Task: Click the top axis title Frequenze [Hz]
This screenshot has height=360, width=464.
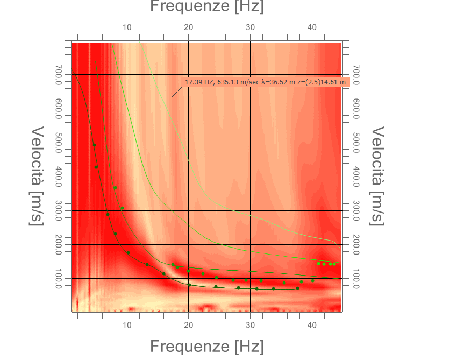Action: click(206, 6)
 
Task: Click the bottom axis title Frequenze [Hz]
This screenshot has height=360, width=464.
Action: click(206, 347)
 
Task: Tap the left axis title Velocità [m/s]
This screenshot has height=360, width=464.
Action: click(37, 176)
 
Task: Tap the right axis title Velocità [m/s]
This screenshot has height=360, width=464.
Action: click(378, 176)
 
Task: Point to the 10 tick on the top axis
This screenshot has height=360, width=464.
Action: click(127, 27)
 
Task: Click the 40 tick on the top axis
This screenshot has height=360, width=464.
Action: click(312, 27)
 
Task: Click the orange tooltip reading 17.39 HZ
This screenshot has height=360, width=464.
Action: click(266, 82)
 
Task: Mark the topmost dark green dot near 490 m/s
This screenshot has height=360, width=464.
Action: click(94, 145)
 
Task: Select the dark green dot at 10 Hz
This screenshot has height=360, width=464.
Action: click(128, 253)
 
